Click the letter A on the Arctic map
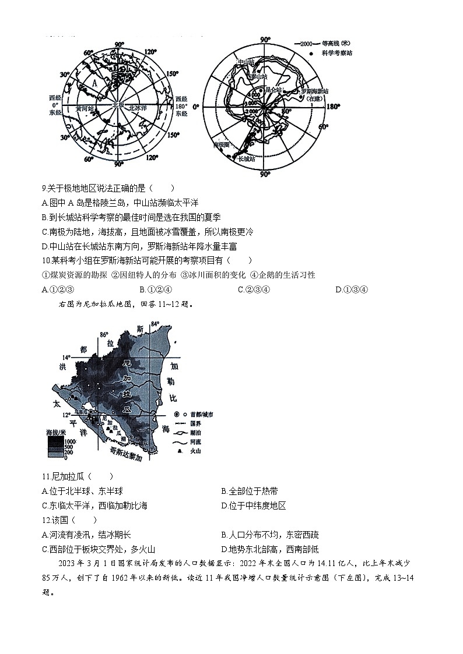[94, 83]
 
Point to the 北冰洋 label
[139, 107]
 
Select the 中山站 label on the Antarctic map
[245, 62]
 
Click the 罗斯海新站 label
[315, 91]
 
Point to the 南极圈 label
[222, 144]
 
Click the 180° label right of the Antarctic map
[332, 107]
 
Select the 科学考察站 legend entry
[337, 53]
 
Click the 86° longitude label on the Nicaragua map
[104, 335]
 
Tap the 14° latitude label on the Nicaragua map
[67, 358]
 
